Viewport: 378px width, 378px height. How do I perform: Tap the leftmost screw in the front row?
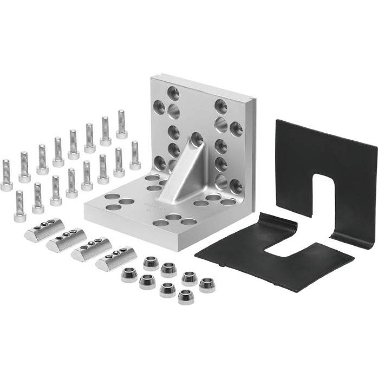20,206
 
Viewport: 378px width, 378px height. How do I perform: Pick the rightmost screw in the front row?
135,155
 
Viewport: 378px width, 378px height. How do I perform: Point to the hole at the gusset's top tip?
197,138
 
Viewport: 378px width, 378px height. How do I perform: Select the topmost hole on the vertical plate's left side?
174,91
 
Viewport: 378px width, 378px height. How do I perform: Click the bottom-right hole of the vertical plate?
236,185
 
